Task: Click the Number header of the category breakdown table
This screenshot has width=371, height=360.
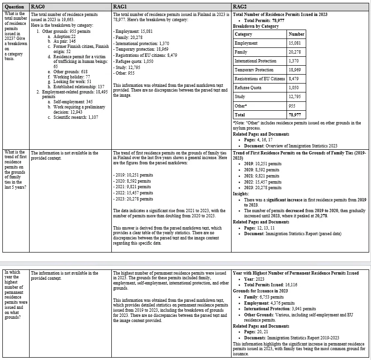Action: coord(296,34)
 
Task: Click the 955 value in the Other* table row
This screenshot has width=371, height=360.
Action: coord(292,106)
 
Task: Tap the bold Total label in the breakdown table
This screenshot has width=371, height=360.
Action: coord(240,115)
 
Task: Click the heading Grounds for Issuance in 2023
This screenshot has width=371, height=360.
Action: coord(260,291)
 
